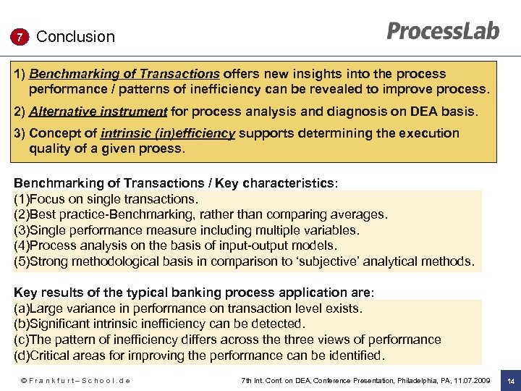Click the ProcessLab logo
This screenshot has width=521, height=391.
443,31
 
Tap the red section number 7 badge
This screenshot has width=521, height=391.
20,37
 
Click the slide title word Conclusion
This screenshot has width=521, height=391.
75,37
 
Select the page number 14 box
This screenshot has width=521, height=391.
510,380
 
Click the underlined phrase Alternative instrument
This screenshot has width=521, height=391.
98,112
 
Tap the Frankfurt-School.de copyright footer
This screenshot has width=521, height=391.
75,380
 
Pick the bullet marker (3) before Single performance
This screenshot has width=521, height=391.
22,230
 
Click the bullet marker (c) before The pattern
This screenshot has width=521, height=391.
22,340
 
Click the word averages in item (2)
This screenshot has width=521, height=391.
360,214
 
